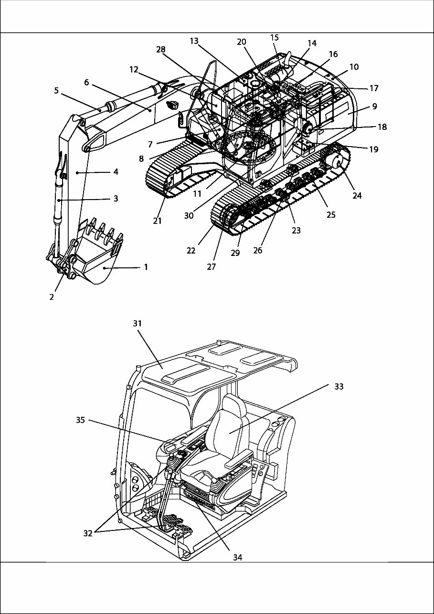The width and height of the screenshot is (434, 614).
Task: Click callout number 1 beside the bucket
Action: point(146,267)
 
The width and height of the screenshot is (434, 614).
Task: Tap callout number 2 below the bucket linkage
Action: point(52,297)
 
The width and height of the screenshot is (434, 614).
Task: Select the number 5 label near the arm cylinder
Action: point(56,90)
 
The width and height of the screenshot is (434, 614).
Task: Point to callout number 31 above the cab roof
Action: point(138,323)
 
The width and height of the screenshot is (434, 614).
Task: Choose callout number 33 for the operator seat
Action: point(339,387)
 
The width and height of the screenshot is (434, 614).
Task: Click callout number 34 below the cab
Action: point(238,557)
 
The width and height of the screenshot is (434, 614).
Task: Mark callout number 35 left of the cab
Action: point(81,420)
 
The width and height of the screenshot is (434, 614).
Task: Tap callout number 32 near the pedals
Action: point(88,533)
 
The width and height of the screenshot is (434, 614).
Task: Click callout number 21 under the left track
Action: point(158,221)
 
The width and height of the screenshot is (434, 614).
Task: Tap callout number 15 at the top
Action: point(274,37)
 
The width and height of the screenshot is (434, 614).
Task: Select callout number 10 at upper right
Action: point(354,67)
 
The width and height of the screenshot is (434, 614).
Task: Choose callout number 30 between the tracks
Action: point(189,215)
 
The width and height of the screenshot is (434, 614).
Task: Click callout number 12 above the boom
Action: point(134,69)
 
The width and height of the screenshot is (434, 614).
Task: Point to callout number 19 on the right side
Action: point(373,149)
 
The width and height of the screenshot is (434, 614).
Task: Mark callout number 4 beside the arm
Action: point(115,171)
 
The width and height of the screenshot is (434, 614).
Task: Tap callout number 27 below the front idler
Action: point(212,266)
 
